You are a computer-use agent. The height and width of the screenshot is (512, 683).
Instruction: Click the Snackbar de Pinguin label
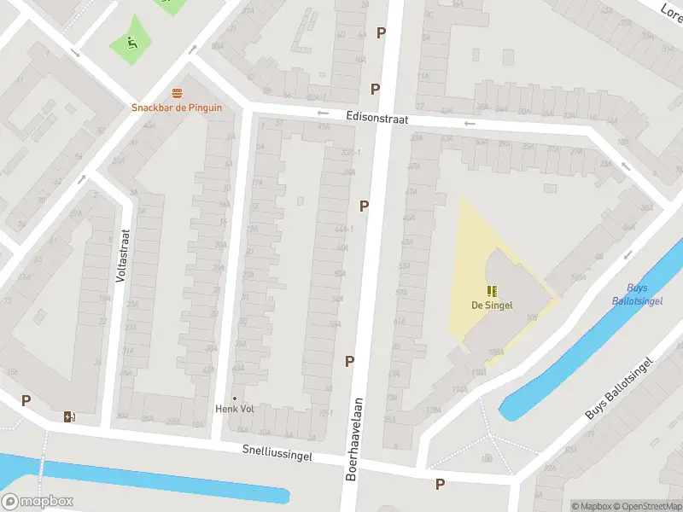[176, 108]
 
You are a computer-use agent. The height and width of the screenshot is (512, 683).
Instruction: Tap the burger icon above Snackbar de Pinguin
[177, 93]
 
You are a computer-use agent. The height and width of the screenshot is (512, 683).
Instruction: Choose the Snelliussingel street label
[277, 452]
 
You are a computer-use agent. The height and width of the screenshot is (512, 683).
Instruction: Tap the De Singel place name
[492, 305]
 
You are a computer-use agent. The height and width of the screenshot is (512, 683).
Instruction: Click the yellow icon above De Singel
[492, 291]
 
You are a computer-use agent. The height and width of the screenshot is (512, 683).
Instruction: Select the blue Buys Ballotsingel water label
[631, 294]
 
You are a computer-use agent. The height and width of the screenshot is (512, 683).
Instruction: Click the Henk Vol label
[234, 409]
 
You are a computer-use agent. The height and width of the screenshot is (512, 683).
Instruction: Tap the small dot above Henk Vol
[234, 397]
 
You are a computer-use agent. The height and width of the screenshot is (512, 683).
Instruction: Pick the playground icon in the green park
[130, 42]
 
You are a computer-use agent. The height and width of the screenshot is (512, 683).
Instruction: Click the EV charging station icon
[69, 416]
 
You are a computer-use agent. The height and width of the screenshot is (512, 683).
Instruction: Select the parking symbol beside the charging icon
[26, 400]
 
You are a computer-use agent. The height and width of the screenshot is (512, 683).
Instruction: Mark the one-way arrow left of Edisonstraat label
[322, 113]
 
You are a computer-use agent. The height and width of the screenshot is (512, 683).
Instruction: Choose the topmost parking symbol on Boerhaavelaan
[381, 32]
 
